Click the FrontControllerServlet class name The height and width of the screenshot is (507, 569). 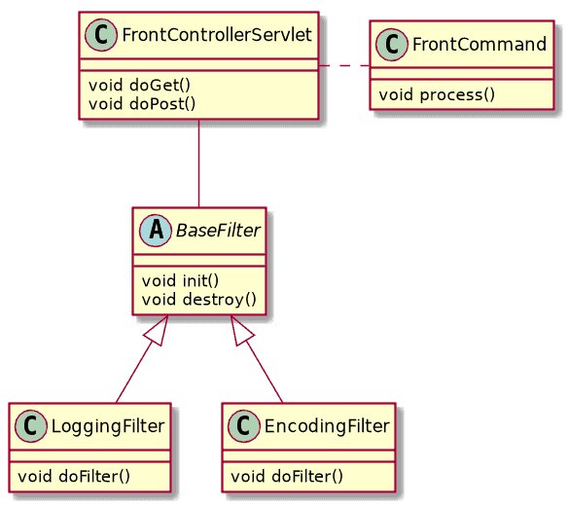coord(217,35)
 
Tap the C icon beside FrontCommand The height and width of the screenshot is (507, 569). coord(391,45)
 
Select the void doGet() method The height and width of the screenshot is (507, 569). coord(139,86)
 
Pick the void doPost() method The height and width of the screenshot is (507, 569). coord(142,104)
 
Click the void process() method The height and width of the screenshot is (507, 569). coord(437,94)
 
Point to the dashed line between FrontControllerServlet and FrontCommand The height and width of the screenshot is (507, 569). coord(344,66)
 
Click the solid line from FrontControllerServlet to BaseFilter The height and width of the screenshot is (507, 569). coord(198,163)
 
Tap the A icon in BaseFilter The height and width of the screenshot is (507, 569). coord(156,231)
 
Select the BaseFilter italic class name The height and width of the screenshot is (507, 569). coord(218,231)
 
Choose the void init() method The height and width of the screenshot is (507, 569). coord(180,280)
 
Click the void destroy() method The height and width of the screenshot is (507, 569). coord(198,300)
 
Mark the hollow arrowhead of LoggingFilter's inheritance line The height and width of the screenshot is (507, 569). coord(158,330)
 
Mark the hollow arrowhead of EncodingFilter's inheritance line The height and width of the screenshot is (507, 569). coord(241,330)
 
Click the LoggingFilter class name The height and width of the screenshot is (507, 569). coord(108,426)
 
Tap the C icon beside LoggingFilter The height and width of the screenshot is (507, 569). coord(31,426)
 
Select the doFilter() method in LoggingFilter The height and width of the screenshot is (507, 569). coord(74,476)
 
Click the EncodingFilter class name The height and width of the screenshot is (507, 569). coord(327,426)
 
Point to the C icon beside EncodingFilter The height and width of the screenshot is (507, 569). coord(244,426)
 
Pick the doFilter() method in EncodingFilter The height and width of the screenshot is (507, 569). coord(287,476)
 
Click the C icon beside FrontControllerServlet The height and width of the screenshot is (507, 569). coord(101,35)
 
